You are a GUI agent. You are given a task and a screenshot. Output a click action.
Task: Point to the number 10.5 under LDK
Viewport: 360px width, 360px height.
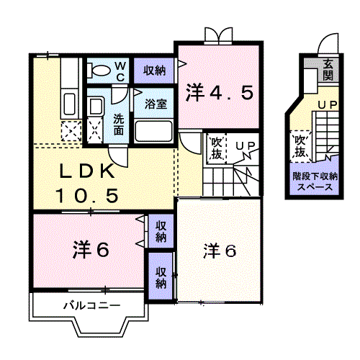tap(87, 194)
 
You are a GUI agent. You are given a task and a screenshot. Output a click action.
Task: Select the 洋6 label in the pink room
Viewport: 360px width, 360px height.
tap(90, 251)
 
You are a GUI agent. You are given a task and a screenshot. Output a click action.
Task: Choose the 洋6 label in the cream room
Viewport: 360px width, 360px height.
tap(220, 251)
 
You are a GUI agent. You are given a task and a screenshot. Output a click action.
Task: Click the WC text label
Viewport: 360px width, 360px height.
tap(121, 71)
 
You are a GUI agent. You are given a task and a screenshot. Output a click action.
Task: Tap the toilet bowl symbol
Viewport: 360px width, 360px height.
tap(100, 71)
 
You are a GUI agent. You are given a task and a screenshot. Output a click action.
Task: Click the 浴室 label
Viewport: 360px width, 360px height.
tap(156, 103)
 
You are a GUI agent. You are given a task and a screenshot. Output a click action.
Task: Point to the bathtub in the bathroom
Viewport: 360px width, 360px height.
tap(153, 130)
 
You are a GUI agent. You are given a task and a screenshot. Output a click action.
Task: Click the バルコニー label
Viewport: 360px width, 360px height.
tap(90, 305)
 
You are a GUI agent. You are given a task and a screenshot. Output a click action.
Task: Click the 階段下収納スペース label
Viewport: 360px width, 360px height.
tap(312, 180)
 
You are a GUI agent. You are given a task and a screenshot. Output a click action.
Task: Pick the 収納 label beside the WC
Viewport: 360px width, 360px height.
tap(154, 71)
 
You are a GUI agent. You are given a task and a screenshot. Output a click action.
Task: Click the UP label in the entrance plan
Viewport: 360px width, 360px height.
tap(328, 106)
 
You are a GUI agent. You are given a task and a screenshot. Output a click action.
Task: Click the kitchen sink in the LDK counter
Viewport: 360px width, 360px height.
tap(71, 102)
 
